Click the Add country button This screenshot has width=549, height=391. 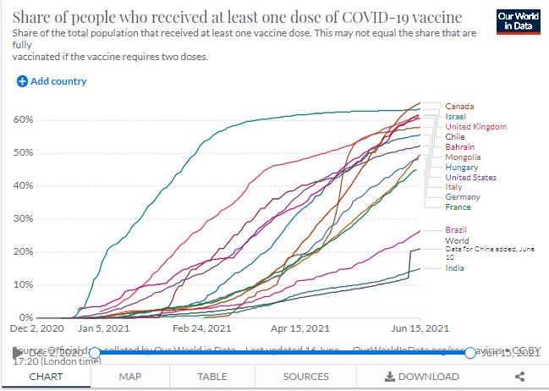point(52,81)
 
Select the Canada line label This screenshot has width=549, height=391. point(459,106)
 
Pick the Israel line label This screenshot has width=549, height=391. point(456,116)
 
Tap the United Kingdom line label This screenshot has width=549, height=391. point(475,126)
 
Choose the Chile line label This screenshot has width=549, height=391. point(455,136)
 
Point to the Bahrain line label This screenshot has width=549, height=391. point(459,146)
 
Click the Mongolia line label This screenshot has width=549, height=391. point(463,157)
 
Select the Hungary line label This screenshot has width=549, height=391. point(461,168)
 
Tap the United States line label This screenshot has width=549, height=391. point(470,178)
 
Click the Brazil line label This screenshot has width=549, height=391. point(456,230)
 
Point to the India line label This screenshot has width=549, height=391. point(454,268)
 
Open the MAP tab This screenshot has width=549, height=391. point(130,377)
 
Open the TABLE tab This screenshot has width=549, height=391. point(212,377)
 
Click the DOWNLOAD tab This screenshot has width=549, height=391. point(422,377)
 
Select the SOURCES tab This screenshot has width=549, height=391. point(305,377)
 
